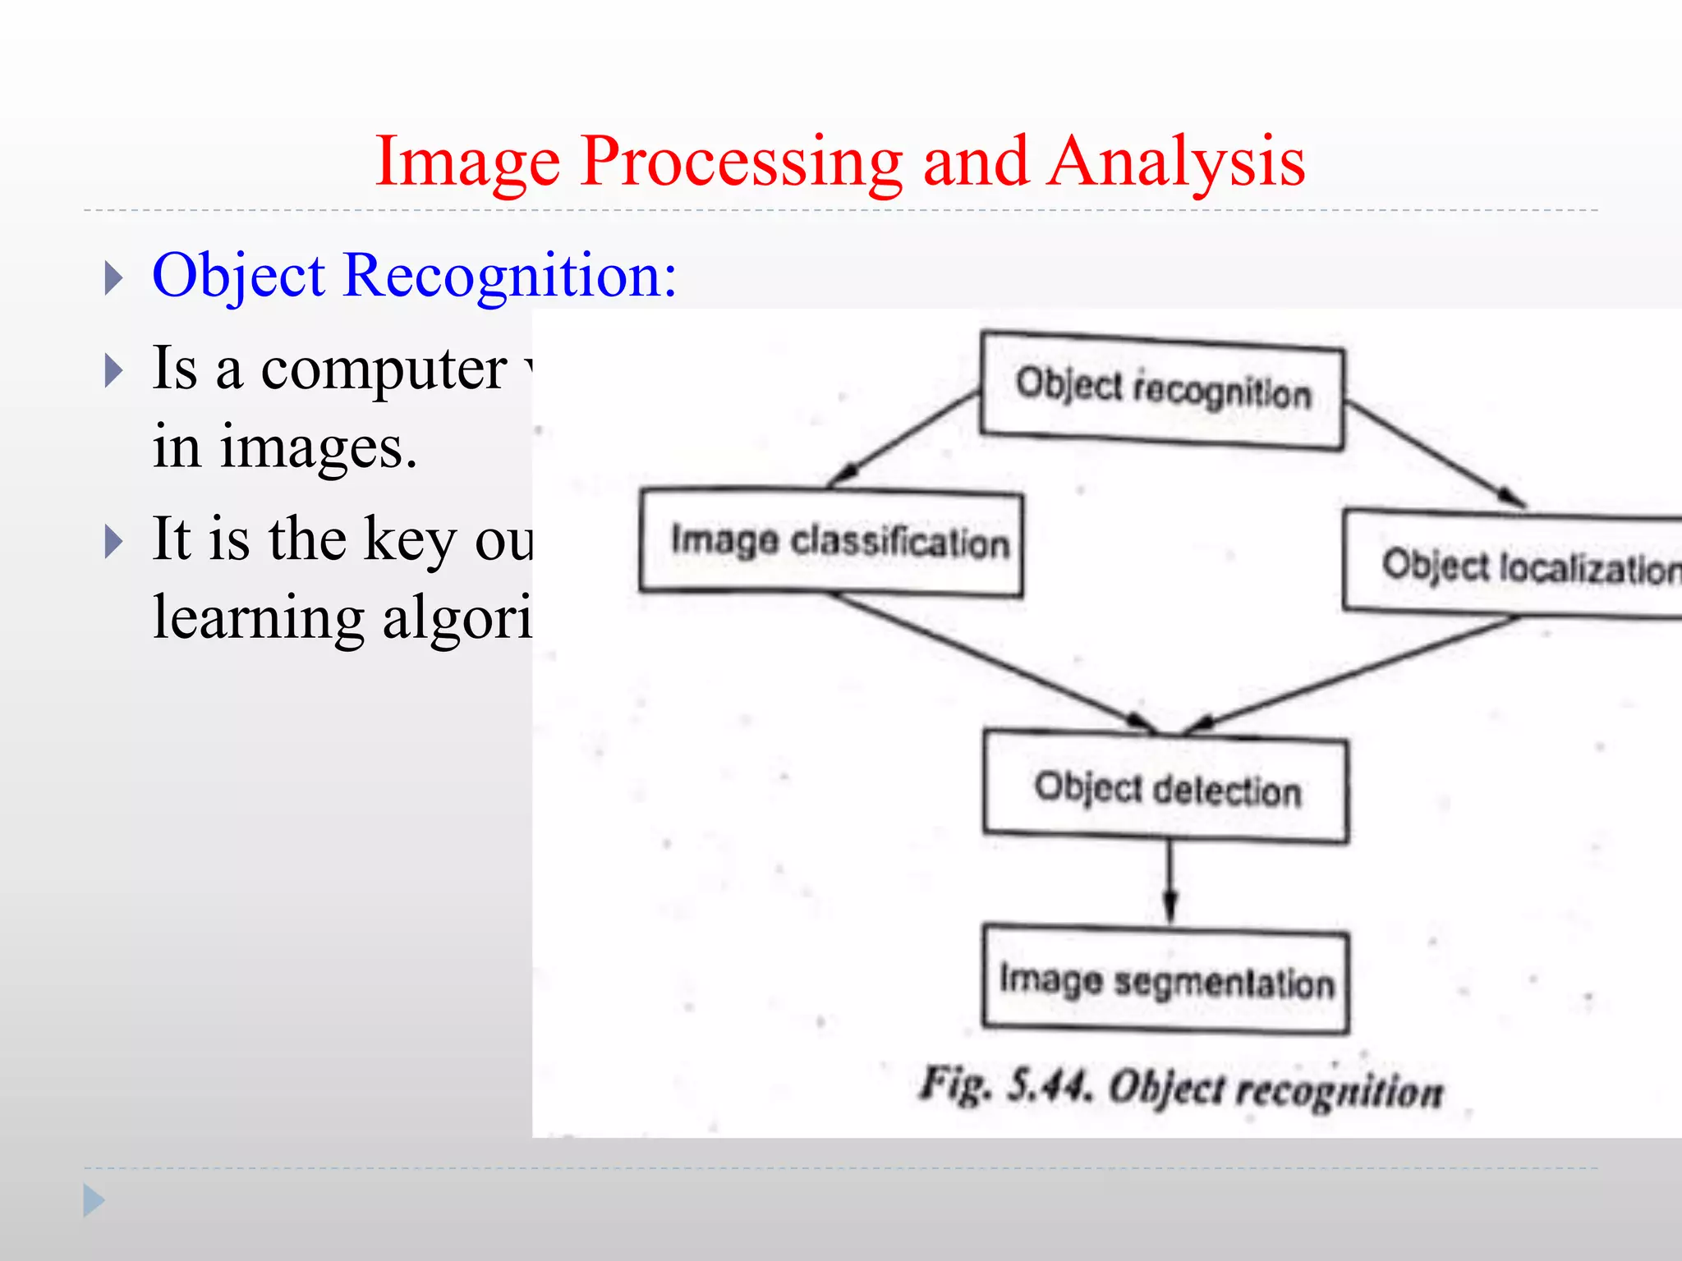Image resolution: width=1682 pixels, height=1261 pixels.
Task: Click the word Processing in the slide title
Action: pos(739,163)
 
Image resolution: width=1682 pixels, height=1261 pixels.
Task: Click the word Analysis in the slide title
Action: pos(1176,163)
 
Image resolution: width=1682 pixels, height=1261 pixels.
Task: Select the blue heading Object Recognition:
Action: pos(415,276)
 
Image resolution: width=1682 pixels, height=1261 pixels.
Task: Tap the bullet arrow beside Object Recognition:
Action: pos(114,279)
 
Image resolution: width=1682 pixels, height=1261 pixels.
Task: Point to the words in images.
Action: pos(285,447)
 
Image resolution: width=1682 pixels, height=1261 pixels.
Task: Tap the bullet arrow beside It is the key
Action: pos(114,542)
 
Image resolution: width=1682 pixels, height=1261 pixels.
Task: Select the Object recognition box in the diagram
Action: pos(1161,391)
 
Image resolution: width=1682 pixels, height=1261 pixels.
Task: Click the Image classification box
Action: pos(831,542)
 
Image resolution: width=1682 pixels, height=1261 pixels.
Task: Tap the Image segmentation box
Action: pos(1166,981)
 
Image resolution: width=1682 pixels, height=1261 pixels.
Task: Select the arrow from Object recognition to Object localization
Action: pos(1433,453)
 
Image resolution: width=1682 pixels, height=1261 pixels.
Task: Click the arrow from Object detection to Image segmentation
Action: pos(1170,883)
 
